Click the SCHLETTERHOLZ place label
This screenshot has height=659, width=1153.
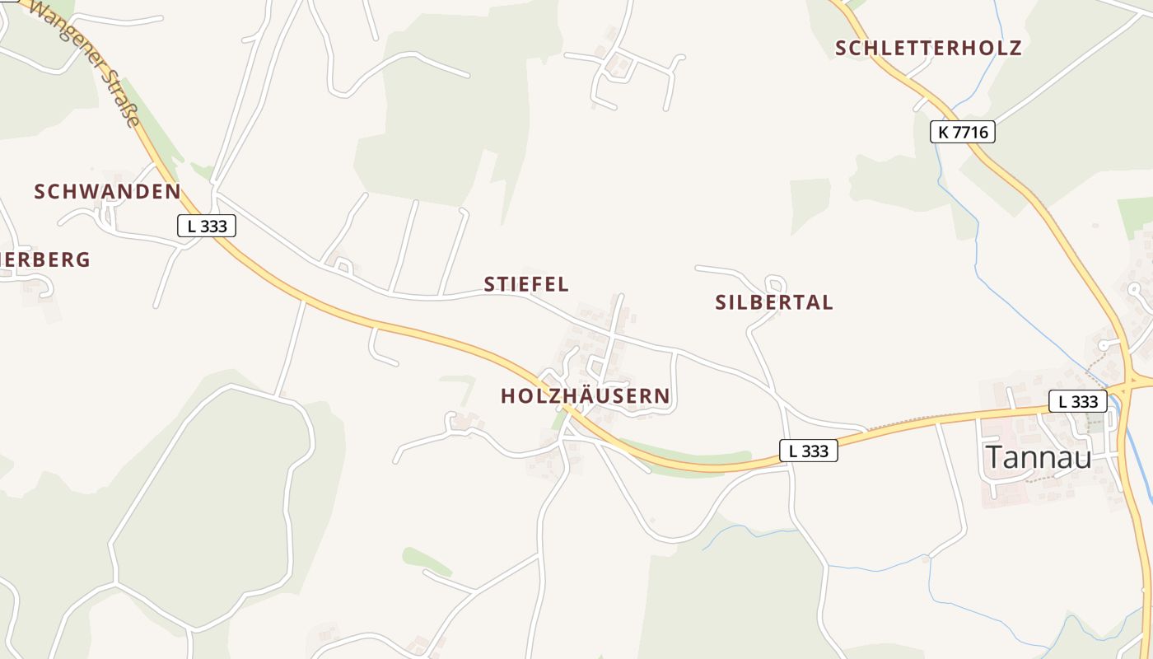[928, 48]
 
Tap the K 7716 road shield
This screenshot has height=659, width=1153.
[962, 132]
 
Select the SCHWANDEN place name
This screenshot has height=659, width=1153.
[107, 192]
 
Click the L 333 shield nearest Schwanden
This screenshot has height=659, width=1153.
[207, 226]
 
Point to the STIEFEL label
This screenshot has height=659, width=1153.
[526, 284]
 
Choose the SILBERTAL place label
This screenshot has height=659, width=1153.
[774, 302]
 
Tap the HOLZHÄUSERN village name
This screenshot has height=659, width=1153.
[586, 396]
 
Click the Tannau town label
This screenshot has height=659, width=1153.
[1039, 457]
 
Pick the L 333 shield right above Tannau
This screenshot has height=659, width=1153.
[1078, 402]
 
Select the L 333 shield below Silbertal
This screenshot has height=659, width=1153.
[808, 451]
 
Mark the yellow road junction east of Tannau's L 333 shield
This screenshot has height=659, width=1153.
[1129, 382]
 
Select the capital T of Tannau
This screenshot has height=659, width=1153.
[996, 457]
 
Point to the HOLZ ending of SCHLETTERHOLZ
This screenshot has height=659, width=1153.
[994, 48]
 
